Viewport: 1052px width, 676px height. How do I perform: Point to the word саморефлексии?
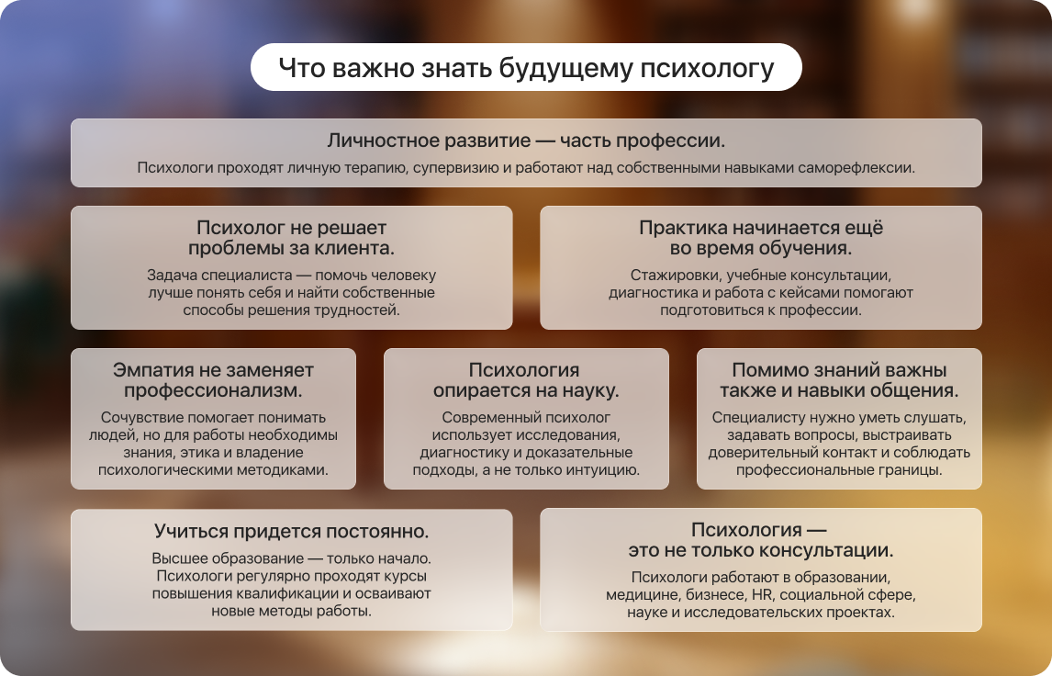pyautogui.click(x=856, y=168)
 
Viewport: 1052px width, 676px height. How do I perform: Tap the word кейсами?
pyautogui.click(x=804, y=293)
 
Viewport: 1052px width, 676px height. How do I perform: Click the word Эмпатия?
pyautogui.click(x=146, y=370)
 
